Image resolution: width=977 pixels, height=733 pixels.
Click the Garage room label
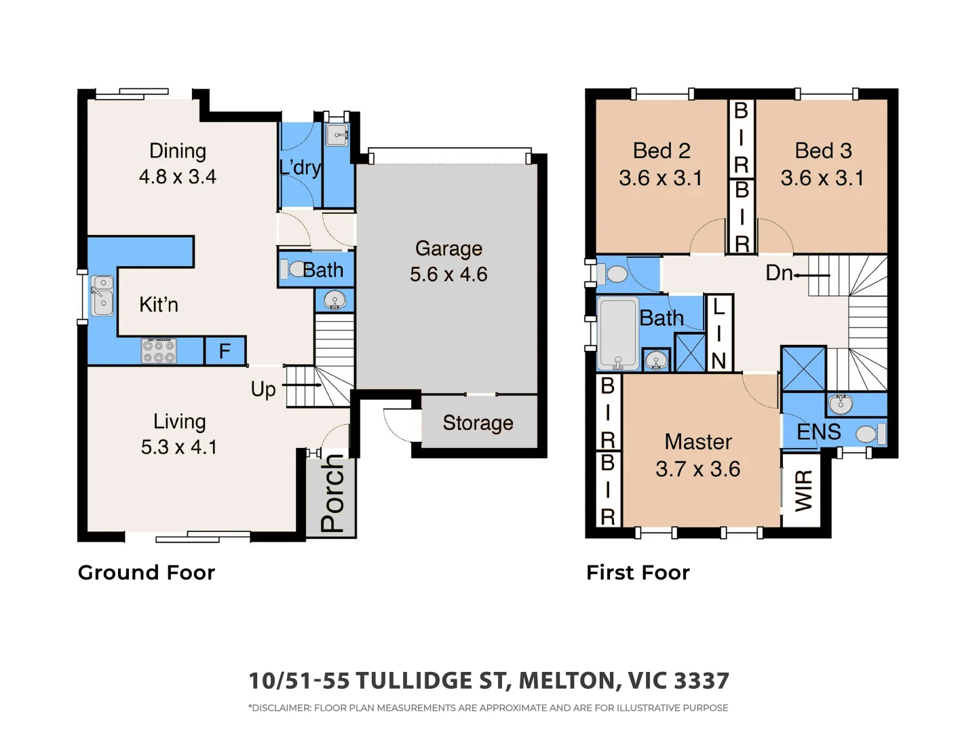click(x=448, y=249)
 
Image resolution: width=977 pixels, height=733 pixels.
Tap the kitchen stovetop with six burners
click(x=159, y=351)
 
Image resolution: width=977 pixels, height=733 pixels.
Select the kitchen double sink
click(x=102, y=295)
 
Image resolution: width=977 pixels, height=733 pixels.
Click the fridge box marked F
click(x=225, y=351)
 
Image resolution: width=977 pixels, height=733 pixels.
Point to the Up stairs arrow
click(x=302, y=385)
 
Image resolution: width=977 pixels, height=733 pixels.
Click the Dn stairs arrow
click(x=811, y=276)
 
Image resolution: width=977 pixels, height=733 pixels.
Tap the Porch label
click(x=332, y=493)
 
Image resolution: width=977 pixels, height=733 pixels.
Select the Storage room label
click(x=478, y=423)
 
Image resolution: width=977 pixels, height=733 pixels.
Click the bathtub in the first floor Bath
click(x=618, y=333)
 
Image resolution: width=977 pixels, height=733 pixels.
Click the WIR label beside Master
click(x=803, y=491)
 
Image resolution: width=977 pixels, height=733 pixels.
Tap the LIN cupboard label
click(x=719, y=335)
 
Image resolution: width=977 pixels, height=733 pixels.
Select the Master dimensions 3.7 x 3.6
click(x=697, y=469)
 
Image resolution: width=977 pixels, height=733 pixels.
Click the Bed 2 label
click(x=661, y=151)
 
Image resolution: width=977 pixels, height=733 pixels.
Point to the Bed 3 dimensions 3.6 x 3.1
click(x=822, y=178)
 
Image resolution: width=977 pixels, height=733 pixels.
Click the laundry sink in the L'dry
click(x=337, y=134)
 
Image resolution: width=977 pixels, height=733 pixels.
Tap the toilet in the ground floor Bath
click(x=293, y=269)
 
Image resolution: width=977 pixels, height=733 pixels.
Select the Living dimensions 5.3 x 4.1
click(x=179, y=447)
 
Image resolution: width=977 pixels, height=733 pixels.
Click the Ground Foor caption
click(x=147, y=573)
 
